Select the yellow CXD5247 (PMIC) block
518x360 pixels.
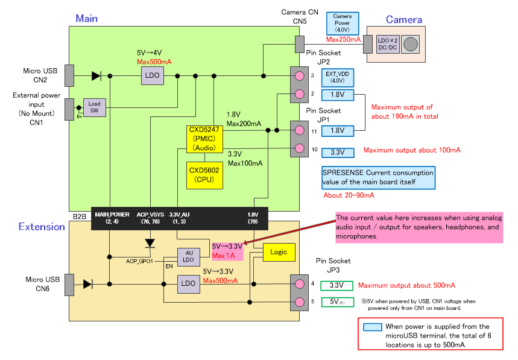[206, 139]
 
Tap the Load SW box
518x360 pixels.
[94, 107]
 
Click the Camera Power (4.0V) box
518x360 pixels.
[342, 24]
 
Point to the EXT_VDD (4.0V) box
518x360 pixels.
[337, 77]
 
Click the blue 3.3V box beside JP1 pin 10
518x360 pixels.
[337, 153]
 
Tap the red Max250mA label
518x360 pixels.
[343, 40]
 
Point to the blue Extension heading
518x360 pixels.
[42, 227]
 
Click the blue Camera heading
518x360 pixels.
[403, 20]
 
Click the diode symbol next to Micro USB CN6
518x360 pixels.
[88, 283]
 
